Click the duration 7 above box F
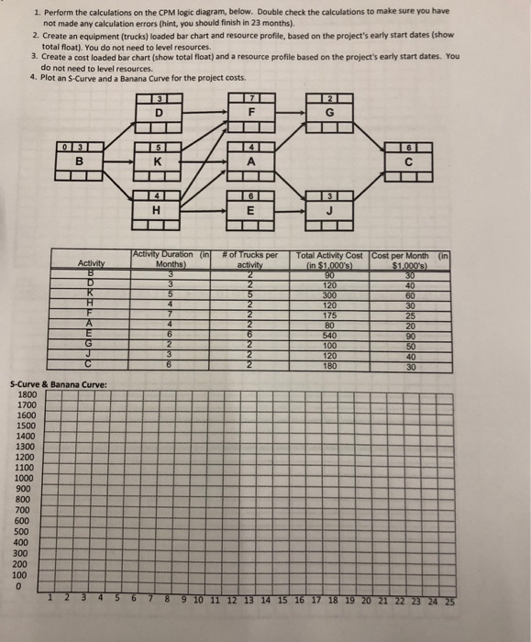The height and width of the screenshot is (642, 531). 249,99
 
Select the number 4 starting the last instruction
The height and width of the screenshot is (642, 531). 32,77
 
